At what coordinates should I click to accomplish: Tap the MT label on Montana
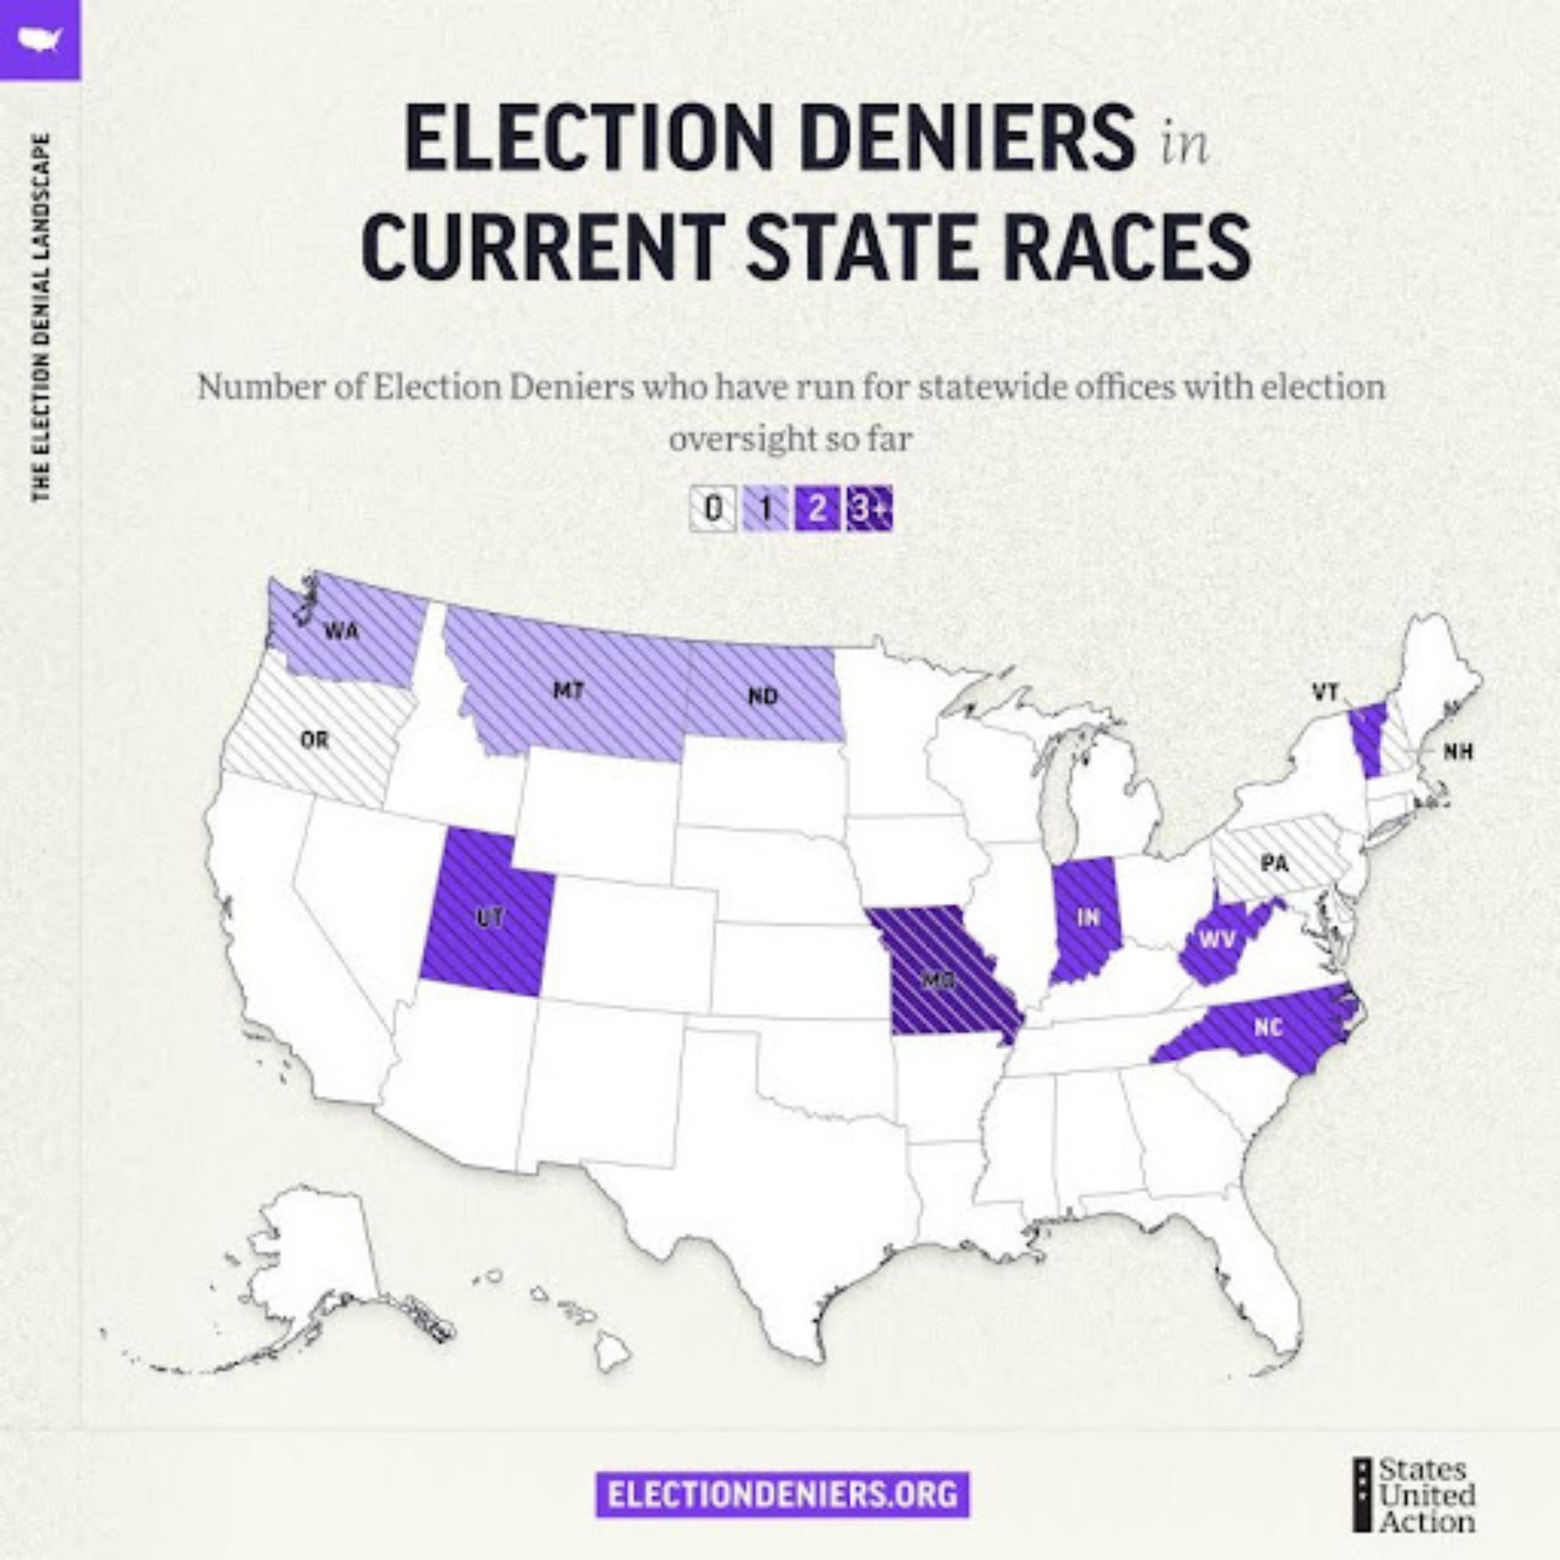coord(567,691)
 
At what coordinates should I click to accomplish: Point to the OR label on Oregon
coord(315,740)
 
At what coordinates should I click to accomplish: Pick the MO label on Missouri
coord(939,980)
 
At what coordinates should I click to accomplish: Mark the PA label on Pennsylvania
coord(1274,865)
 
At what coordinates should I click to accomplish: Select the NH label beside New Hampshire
coord(1458,752)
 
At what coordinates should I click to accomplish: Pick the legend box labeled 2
coord(817,510)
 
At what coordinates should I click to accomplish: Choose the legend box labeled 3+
coord(870,510)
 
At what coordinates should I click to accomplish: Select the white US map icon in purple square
coord(40,39)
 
